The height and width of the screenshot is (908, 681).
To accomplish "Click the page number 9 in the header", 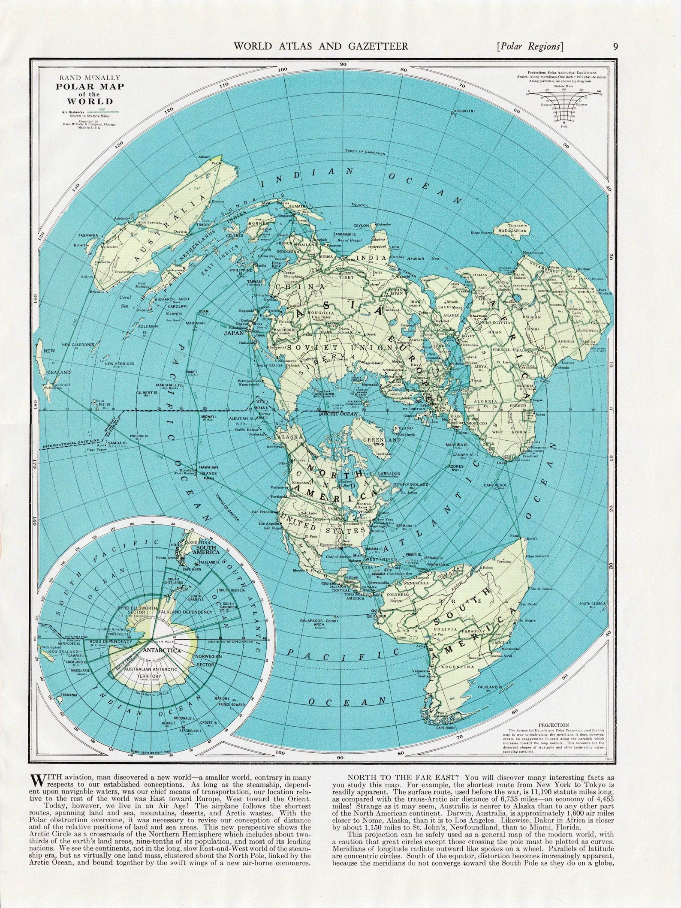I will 615,46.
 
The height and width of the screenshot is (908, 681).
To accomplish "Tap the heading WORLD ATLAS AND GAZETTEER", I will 320,46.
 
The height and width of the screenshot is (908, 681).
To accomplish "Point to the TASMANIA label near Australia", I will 88,235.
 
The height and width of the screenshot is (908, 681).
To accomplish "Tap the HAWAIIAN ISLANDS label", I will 208,470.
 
